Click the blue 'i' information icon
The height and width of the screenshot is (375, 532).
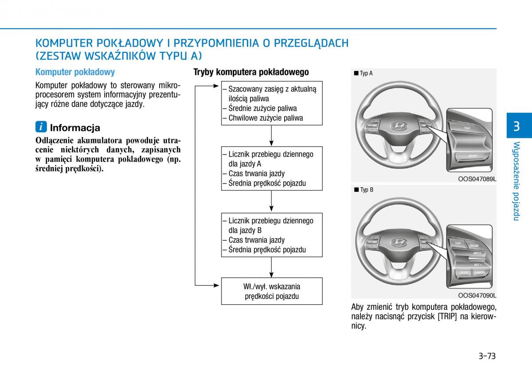[x=41, y=127]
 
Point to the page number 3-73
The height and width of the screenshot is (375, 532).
[x=487, y=356]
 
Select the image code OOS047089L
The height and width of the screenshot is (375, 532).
[x=477, y=179]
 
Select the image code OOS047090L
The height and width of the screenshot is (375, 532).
[x=477, y=296]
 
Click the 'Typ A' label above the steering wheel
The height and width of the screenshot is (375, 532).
[x=366, y=73]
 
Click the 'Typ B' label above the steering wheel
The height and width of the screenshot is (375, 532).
[x=366, y=190]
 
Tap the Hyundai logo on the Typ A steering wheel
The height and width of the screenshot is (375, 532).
[x=398, y=126]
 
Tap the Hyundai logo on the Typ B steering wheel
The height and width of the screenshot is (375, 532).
[x=398, y=242]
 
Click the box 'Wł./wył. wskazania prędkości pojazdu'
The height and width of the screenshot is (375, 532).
[x=272, y=291]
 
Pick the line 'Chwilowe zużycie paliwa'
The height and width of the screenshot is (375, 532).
[x=266, y=118]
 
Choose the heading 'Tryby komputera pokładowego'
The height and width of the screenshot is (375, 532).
[x=251, y=72]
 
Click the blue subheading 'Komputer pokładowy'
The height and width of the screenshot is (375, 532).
[x=75, y=72]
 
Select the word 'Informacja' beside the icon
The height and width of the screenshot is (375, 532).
[x=75, y=128]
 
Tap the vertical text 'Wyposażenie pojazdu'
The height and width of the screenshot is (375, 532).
[x=516, y=181]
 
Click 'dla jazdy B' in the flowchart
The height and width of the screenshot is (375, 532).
[x=245, y=230]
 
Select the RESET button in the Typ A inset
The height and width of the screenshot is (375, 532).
[x=473, y=156]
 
